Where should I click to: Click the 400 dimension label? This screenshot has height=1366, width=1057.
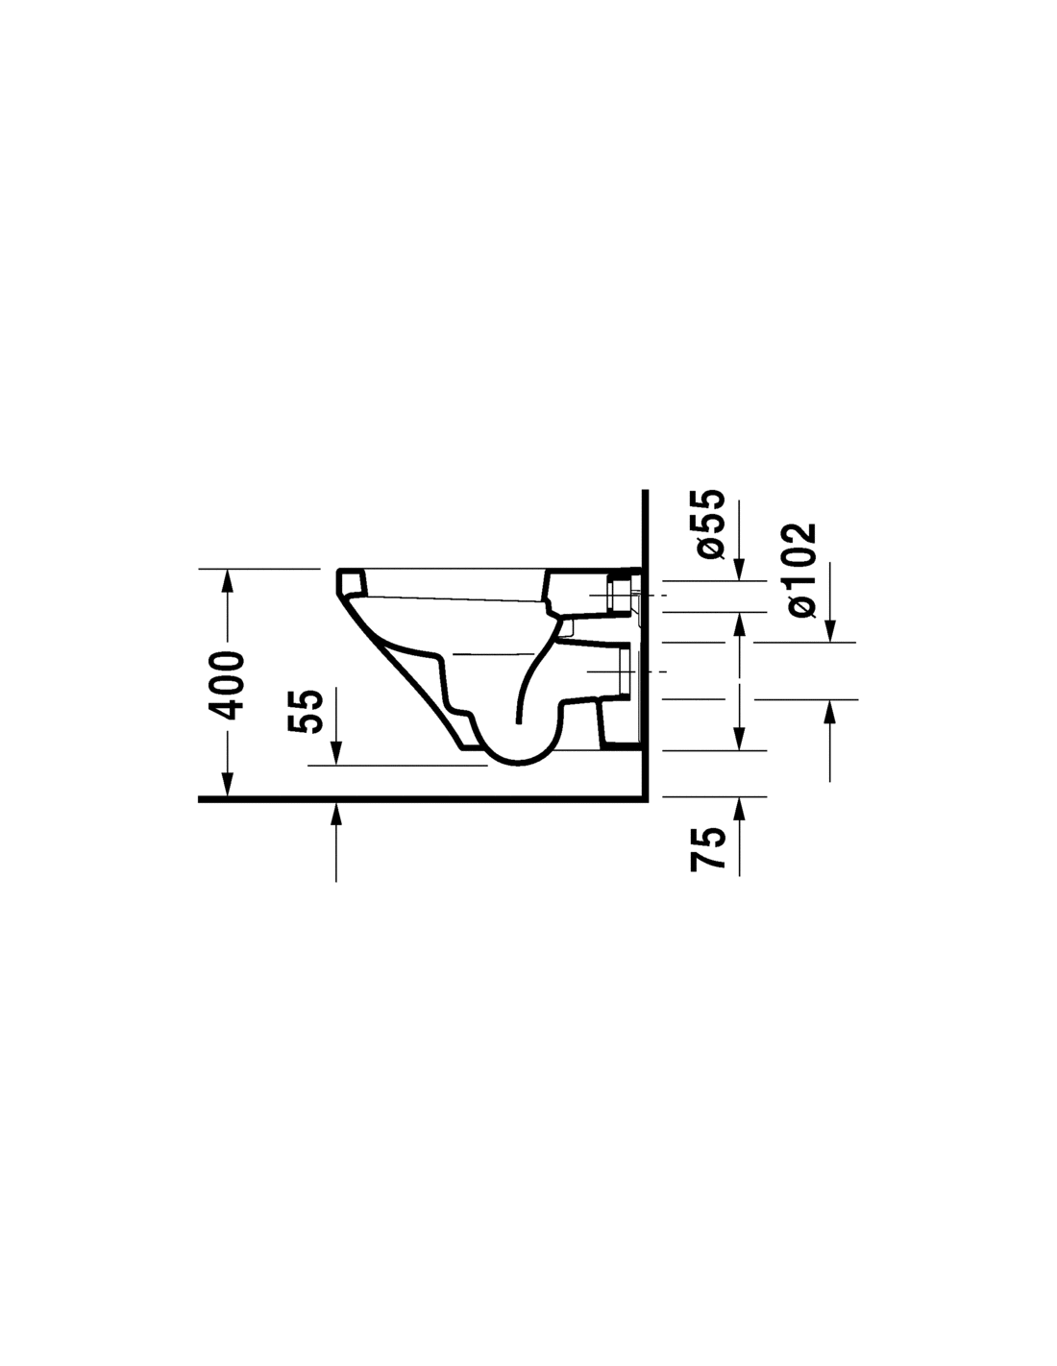tap(227, 685)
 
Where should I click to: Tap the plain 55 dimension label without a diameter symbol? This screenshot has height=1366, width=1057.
tap(305, 711)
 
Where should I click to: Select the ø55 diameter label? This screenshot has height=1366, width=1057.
tap(707, 523)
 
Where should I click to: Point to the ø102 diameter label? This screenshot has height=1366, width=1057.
tap(802, 570)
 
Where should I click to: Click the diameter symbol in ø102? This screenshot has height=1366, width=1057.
tap(802, 607)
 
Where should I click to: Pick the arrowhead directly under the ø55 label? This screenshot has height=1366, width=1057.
tap(739, 570)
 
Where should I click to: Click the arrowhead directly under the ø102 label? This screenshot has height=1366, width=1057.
tap(829, 631)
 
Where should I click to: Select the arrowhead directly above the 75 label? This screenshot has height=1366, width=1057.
tap(739, 809)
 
